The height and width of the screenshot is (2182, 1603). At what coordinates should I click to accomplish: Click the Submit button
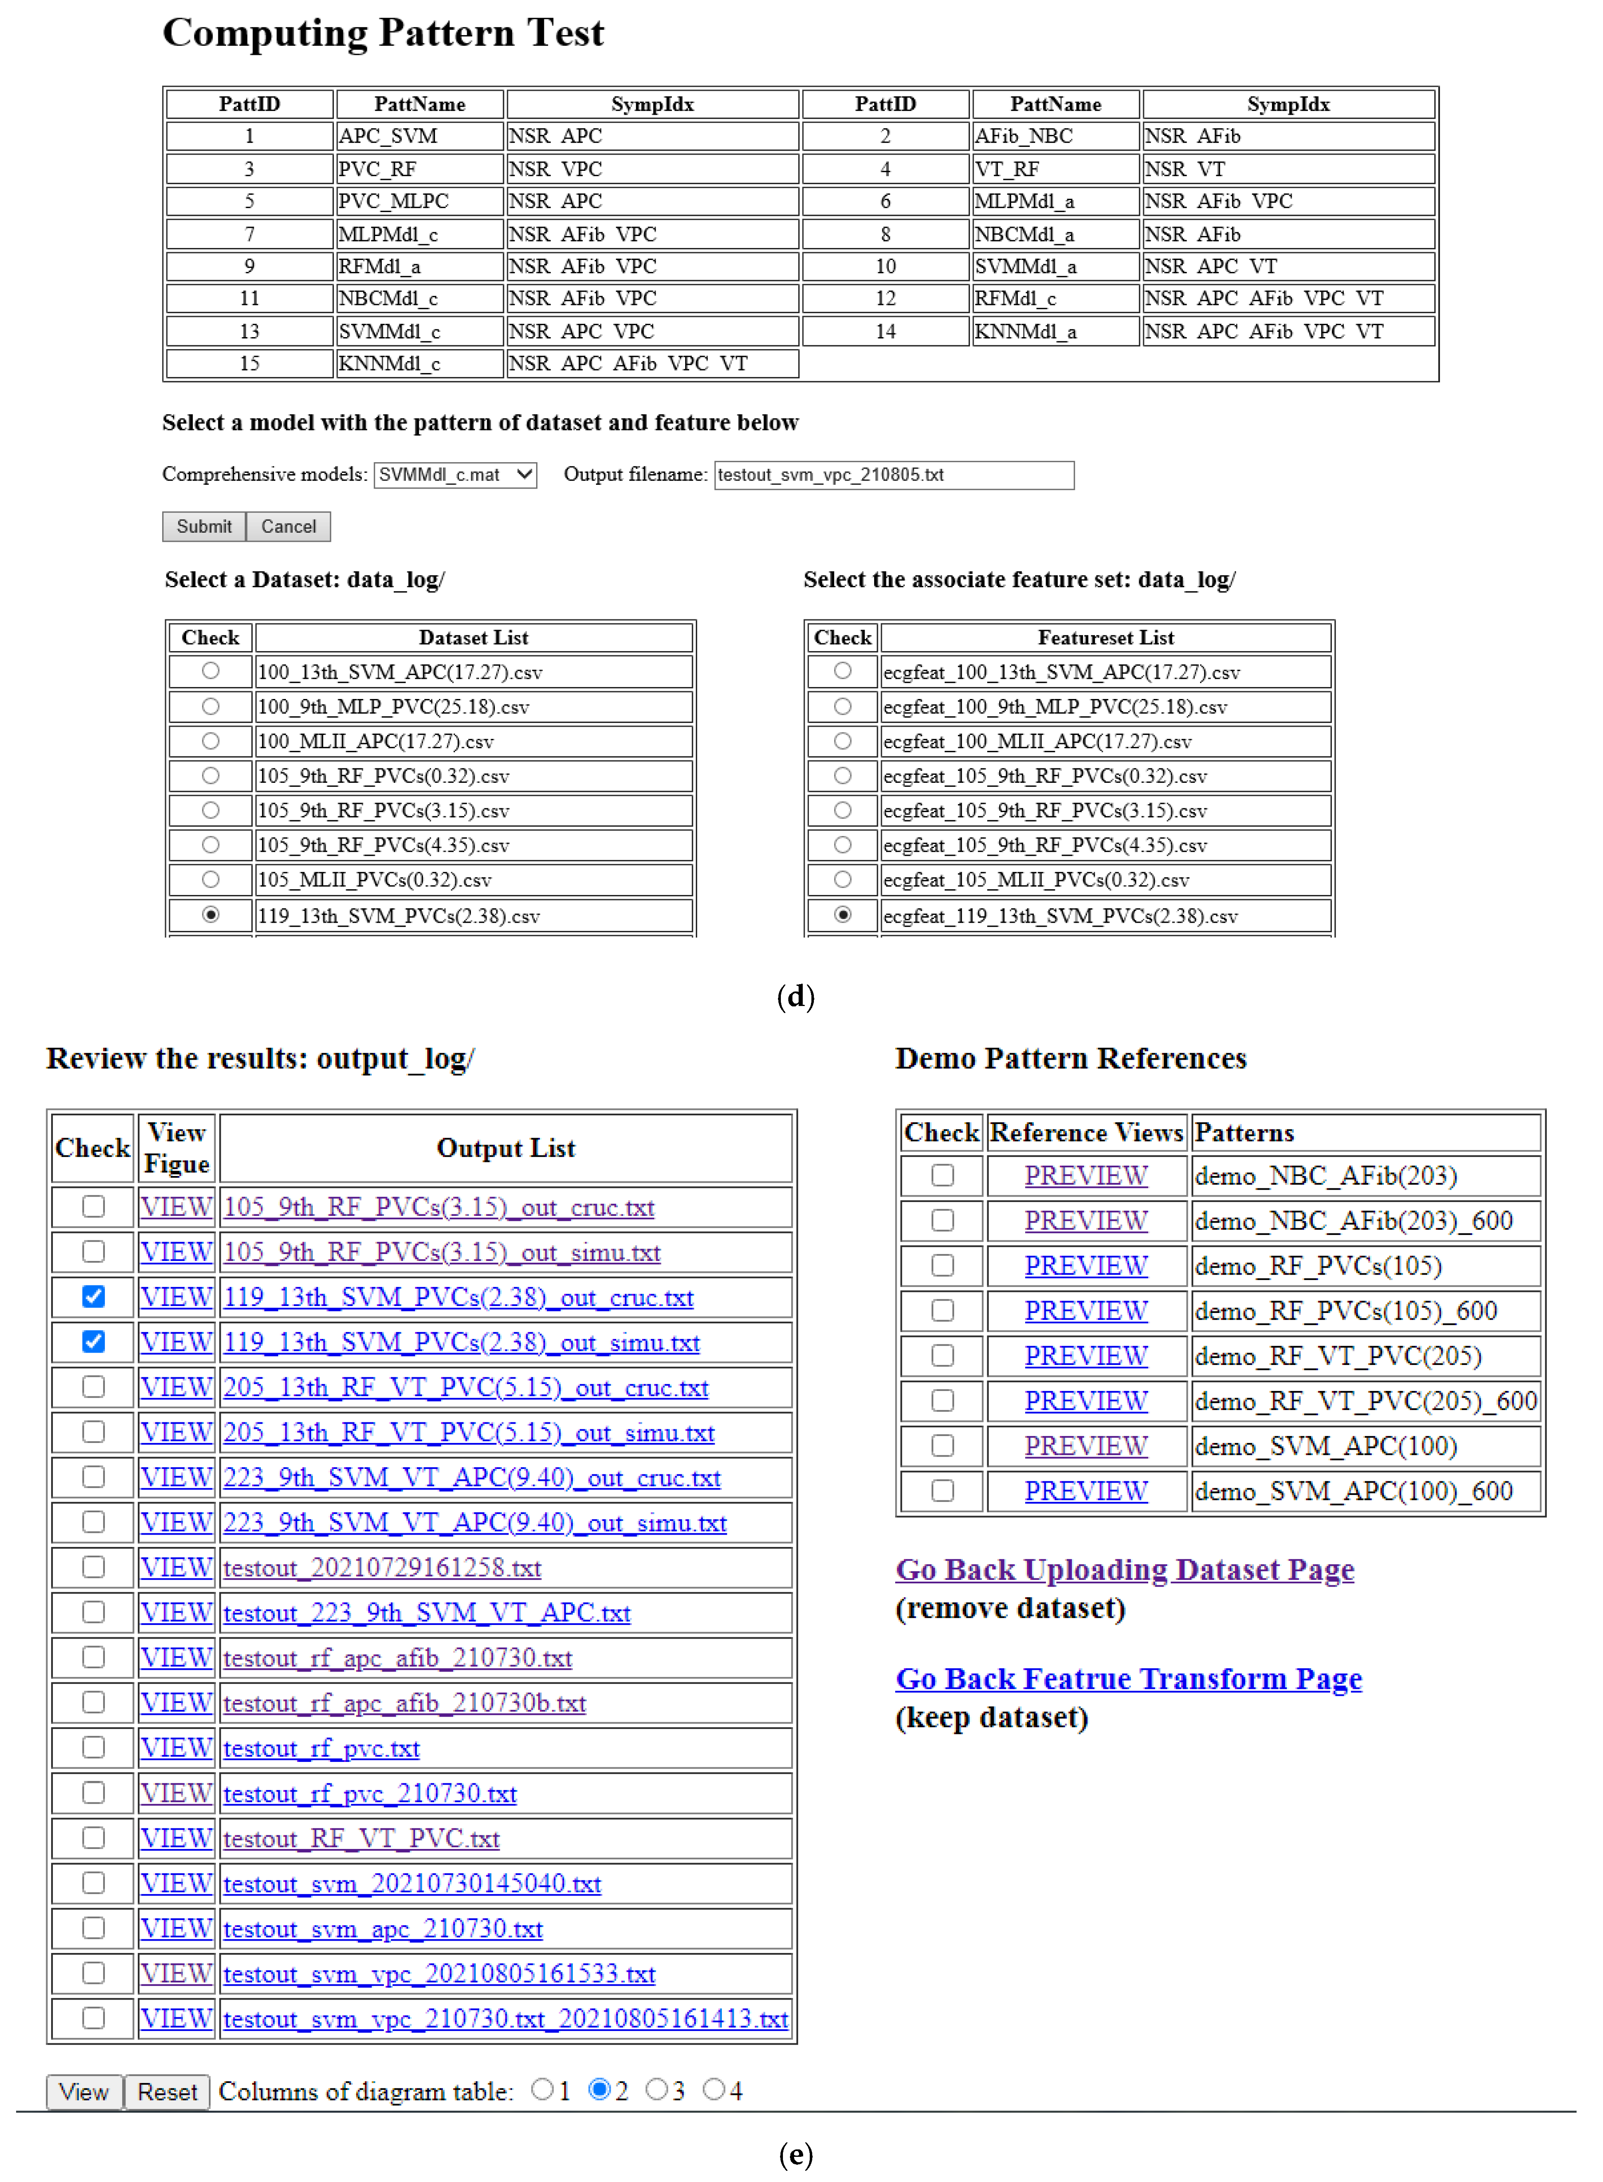coord(204,527)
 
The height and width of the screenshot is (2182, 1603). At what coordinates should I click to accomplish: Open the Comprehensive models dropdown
coord(455,475)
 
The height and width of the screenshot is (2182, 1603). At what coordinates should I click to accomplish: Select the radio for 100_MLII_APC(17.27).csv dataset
coord(210,741)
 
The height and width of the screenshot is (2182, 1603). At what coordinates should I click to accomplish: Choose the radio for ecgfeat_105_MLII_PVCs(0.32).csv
coord(842,879)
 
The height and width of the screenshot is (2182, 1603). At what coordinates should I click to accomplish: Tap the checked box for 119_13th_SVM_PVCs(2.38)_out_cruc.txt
coord(93,1296)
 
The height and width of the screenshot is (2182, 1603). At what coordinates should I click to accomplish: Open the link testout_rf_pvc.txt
coord(321,1748)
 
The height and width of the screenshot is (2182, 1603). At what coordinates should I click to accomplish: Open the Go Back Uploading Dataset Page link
coord(1125,1570)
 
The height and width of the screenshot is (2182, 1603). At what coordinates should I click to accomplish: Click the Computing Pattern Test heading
coord(383,33)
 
